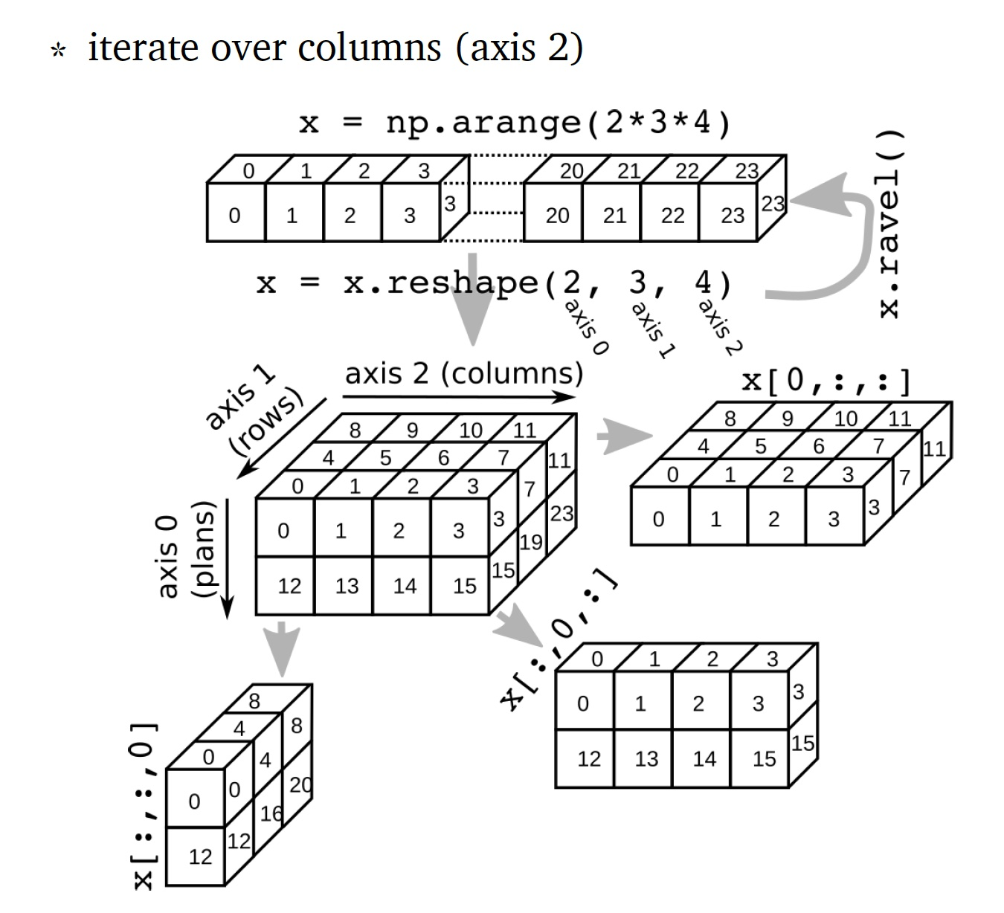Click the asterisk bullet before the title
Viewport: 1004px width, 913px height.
pos(57,51)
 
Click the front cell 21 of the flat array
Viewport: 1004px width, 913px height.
pos(614,216)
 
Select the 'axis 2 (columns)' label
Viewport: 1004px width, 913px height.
pos(463,373)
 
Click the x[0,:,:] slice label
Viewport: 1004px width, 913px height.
pos(826,381)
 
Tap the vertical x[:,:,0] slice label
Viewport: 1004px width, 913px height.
pos(143,806)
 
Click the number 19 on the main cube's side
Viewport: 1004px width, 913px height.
pos(530,542)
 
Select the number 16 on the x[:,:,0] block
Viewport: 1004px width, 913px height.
pos(271,813)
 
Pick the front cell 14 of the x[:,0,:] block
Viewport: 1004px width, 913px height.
pos(704,759)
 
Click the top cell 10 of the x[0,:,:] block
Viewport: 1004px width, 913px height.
pos(846,419)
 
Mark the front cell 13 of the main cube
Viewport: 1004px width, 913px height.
pos(347,587)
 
